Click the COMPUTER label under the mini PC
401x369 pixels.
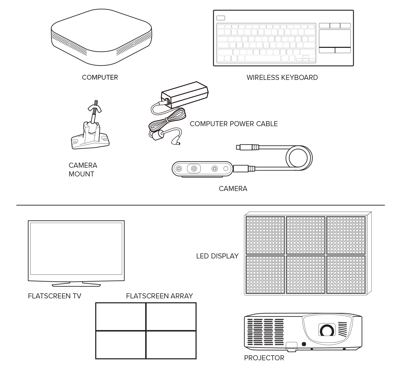[x=100, y=78]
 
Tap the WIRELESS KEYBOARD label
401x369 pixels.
[x=282, y=78]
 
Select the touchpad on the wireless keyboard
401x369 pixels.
[x=335, y=38]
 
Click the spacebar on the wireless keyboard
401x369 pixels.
[x=263, y=58]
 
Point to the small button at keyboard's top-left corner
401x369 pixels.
[x=221, y=18]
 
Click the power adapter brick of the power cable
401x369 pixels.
[x=185, y=94]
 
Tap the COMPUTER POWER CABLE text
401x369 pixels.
[x=234, y=124]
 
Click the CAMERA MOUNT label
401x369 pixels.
[x=83, y=170]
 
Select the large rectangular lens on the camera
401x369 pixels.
[x=194, y=168]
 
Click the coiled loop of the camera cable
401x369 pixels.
[x=299, y=158]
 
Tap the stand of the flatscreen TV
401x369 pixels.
[x=76, y=284]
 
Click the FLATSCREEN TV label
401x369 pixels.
[x=54, y=296]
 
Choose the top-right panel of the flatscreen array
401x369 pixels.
[x=171, y=317]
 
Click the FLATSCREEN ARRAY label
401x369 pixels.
[x=159, y=296]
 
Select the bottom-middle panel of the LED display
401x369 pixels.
[x=306, y=274]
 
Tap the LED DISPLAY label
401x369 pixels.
[x=217, y=256]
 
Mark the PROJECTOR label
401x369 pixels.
[x=264, y=358]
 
